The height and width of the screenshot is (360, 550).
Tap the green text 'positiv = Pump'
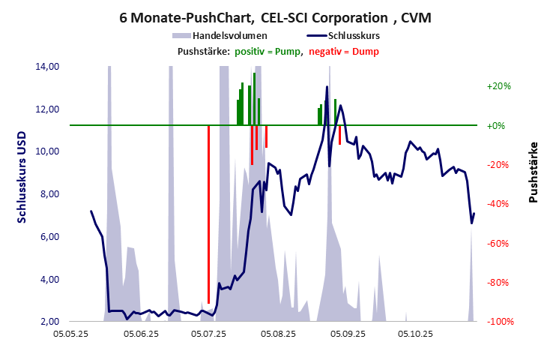pyautogui.click(x=268, y=51)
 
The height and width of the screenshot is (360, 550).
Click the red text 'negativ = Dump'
pyautogui.click(x=344, y=51)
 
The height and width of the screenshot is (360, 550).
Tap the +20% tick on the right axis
pyautogui.click(x=498, y=86)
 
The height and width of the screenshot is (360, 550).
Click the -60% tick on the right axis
pyautogui.click(x=498, y=243)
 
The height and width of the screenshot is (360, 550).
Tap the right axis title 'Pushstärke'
pyautogui.click(x=534, y=172)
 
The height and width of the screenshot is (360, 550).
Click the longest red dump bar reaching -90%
pyautogui.click(x=208, y=214)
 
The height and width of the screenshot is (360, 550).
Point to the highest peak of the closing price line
pyautogui.click(x=327, y=87)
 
